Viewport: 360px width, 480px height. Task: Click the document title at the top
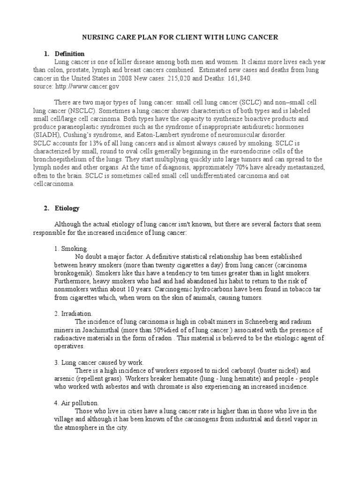(x=180, y=37)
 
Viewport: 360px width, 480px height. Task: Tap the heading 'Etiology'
(x=67, y=208)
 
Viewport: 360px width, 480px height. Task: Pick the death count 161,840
(x=237, y=78)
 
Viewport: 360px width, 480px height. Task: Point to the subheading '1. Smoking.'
(x=71, y=248)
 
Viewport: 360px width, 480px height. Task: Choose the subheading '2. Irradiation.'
(x=73, y=313)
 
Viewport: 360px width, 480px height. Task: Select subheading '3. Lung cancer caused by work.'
(x=99, y=362)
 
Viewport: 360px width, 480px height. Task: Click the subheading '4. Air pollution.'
(x=76, y=403)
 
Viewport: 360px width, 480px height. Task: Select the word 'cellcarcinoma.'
(x=54, y=184)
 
